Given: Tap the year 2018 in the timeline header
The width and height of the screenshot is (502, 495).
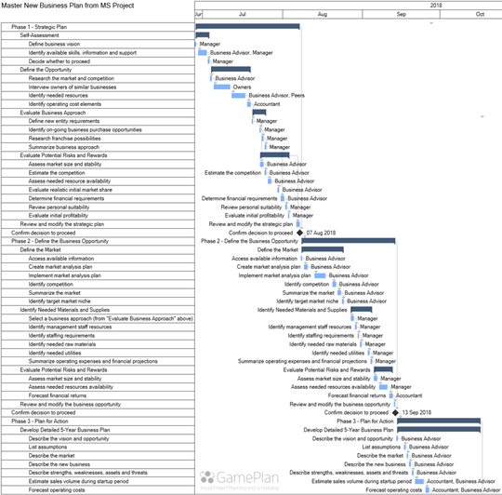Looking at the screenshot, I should click(x=436, y=6).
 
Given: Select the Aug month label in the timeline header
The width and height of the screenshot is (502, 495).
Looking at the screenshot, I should click(x=321, y=15).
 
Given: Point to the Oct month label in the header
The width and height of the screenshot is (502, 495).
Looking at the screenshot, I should click(x=480, y=15).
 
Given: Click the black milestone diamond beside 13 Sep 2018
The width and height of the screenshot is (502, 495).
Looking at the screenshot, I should click(x=396, y=412).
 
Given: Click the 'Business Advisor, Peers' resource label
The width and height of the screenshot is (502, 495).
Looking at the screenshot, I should click(x=276, y=95).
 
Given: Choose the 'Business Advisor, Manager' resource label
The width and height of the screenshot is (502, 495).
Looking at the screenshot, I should click(x=242, y=53).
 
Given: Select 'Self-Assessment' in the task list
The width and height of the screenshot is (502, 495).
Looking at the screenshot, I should click(x=37, y=35).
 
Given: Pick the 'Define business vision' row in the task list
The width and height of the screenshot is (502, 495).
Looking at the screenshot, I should click(x=54, y=44).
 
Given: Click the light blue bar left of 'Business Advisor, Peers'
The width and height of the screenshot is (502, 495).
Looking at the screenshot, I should click(x=240, y=95).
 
